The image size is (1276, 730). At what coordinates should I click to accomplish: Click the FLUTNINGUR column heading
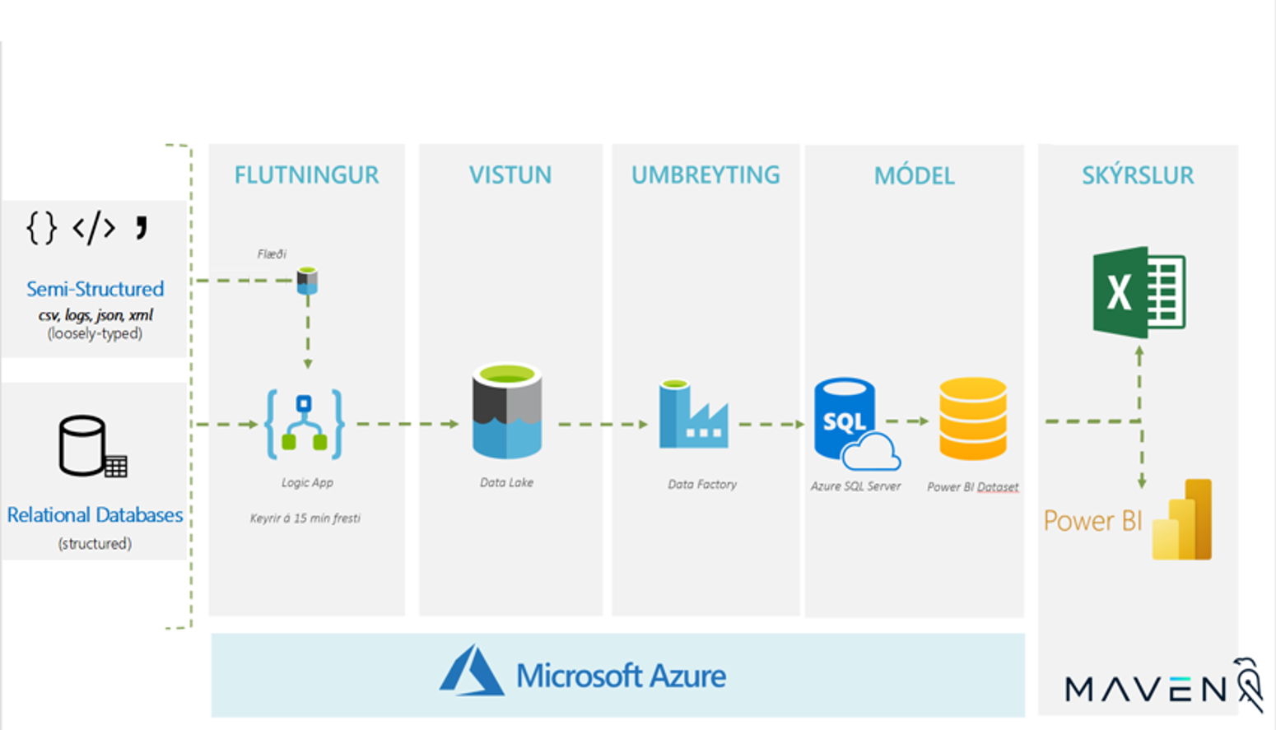306,175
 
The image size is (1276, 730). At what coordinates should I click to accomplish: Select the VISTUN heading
510,175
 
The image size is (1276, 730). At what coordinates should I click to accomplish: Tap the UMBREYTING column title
706,175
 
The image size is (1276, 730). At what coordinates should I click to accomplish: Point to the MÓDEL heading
914,176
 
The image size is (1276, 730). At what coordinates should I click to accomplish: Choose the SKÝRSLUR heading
1138,175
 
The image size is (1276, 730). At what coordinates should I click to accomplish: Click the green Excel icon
1139,292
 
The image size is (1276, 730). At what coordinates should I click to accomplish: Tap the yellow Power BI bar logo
1182,520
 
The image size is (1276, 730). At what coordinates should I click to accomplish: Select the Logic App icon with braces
305,425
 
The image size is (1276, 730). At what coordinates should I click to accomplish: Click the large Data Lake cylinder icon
507,411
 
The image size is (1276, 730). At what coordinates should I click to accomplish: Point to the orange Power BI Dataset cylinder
973,418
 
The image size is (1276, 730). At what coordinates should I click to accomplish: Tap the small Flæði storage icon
307,280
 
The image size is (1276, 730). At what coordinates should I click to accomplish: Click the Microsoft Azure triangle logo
471,672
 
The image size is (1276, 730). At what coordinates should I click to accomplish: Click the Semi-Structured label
95,289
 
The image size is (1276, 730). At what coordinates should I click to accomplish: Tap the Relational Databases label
95,515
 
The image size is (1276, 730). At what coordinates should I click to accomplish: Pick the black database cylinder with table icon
91,447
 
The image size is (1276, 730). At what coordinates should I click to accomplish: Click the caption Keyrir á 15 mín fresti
305,518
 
